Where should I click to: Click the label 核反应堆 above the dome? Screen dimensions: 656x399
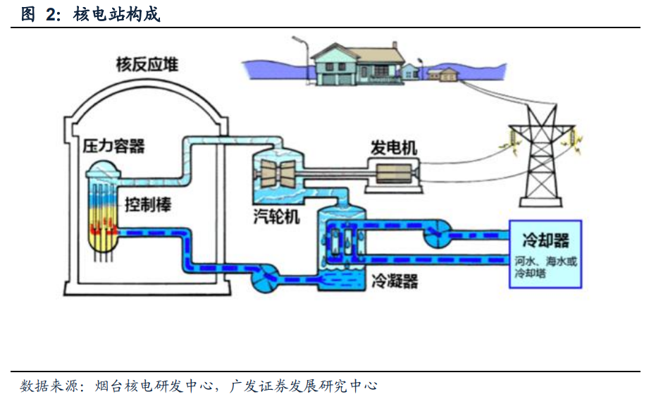(x=147, y=64)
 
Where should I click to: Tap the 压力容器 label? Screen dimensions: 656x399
(x=114, y=146)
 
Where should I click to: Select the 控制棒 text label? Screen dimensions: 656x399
(x=148, y=204)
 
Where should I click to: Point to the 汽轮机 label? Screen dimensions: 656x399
(x=276, y=216)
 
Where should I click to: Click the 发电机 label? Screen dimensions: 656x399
(x=394, y=147)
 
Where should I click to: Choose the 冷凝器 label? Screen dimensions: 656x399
(x=395, y=281)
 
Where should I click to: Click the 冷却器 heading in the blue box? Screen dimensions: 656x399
(x=545, y=240)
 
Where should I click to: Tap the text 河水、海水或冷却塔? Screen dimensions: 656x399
(x=545, y=267)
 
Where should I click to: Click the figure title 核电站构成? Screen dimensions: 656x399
(x=117, y=15)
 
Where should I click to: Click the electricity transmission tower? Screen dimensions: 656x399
(x=540, y=155)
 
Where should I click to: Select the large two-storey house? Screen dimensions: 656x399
(x=357, y=63)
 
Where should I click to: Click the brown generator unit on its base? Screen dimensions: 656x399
(x=394, y=173)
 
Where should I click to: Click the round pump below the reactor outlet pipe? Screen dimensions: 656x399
(x=266, y=278)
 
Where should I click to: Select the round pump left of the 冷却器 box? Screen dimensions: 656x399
(x=435, y=233)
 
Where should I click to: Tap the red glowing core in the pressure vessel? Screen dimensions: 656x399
(x=103, y=227)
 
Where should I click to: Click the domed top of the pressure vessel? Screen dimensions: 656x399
(x=104, y=168)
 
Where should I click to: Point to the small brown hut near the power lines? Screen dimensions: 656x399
(x=447, y=75)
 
